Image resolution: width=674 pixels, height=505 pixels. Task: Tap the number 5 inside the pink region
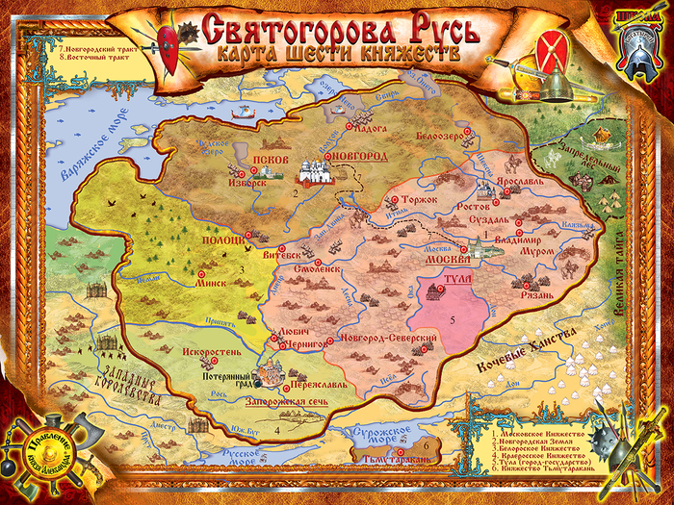pos(451,319)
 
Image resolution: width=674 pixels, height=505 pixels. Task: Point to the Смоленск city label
pos(310,270)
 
